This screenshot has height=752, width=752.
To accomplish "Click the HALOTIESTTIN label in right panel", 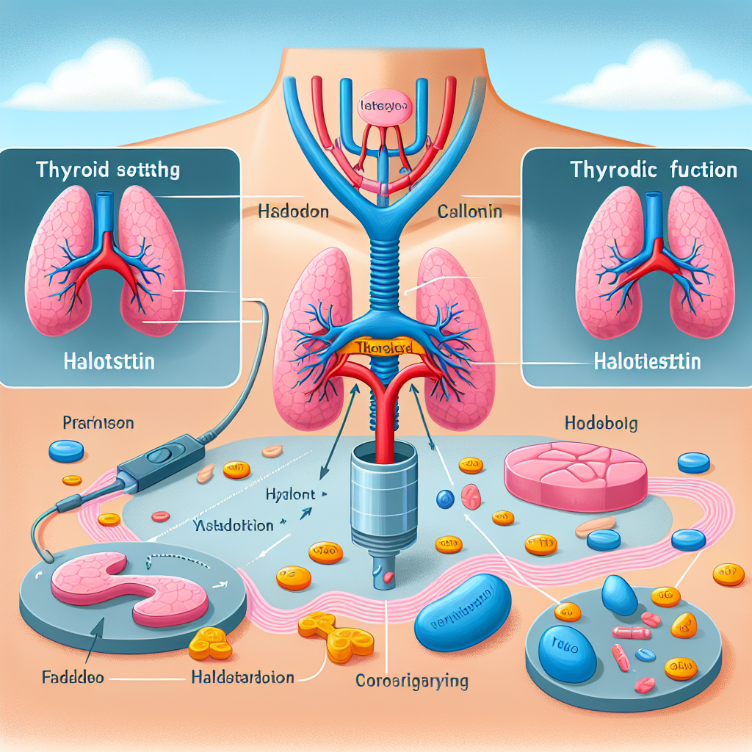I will pyautogui.click(x=646, y=361).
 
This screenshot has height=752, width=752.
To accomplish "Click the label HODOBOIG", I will pyautogui.click(x=599, y=423).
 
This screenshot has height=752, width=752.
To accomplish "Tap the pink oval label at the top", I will pyautogui.click(x=383, y=107).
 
